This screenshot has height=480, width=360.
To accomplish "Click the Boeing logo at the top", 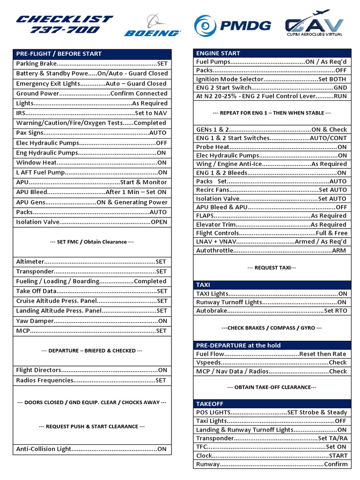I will click(152, 26).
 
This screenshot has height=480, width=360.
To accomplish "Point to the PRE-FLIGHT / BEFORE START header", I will click(59, 53).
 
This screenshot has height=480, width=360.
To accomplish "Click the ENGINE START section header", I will click(218, 53).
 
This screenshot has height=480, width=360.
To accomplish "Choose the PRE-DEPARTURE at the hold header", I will click(238, 345).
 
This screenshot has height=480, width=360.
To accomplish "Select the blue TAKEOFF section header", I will click(210, 404).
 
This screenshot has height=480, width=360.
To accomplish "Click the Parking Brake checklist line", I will click(91, 63).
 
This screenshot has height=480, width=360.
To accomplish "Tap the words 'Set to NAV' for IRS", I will click(150, 113).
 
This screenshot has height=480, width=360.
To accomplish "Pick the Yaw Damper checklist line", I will click(91, 321).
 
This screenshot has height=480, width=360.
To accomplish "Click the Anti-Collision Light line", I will click(91, 449).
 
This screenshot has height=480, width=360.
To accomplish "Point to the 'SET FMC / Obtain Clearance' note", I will click(91, 242).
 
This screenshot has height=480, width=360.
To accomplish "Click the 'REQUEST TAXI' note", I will click(271, 268).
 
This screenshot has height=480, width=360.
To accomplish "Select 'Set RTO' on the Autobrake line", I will click(336, 311).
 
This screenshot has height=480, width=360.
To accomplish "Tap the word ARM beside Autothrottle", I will click(339, 250).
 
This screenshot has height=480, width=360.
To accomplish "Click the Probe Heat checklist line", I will click(271, 147).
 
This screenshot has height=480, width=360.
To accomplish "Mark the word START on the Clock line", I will click(338, 456).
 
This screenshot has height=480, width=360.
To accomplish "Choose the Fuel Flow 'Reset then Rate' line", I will click(271, 354).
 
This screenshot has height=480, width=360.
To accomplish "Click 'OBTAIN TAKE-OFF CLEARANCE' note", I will click(271, 387).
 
